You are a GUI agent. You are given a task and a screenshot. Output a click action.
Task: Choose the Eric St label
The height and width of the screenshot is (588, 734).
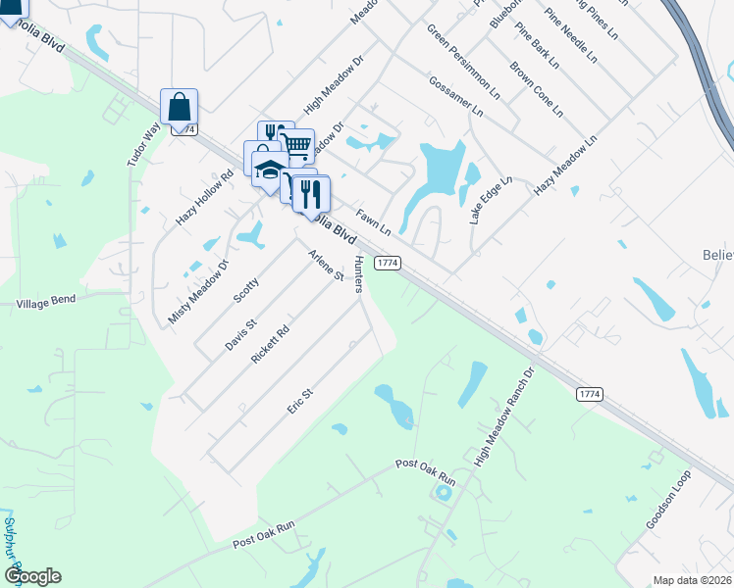[x=300, y=401]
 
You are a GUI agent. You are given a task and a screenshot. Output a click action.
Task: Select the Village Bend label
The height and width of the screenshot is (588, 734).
[x=46, y=304]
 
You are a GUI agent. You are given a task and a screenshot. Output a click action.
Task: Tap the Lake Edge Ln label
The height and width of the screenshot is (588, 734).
[x=491, y=201]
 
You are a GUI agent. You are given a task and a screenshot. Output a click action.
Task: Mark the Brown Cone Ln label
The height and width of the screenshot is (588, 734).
[x=536, y=89]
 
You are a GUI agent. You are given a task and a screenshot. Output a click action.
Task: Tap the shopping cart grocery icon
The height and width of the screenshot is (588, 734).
[x=296, y=147]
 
